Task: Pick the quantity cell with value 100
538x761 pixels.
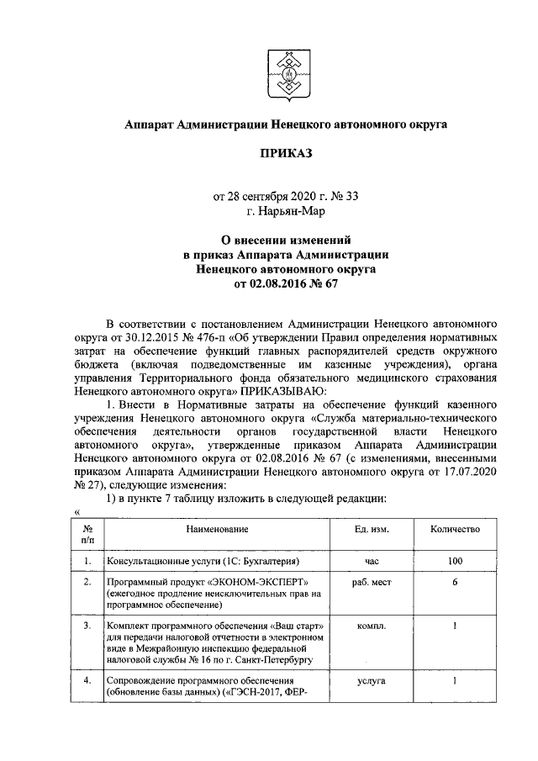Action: pos(455,560)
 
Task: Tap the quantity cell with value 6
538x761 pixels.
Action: pos(455,582)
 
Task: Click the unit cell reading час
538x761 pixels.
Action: pos(372,560)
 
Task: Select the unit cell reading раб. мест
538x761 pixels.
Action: pos(372,582)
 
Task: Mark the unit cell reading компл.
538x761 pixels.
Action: pos(372,626)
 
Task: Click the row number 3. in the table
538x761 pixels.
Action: pos(87,626)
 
